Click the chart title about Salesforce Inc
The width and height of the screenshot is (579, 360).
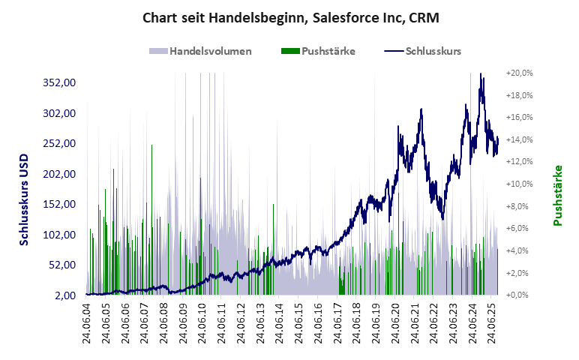[289, 17]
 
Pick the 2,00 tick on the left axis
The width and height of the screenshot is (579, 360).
[65, 295]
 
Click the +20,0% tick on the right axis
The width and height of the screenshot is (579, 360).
[519, 73]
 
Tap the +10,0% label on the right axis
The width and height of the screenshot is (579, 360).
[519, 184]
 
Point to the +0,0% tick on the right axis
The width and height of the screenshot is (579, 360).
[519, 295]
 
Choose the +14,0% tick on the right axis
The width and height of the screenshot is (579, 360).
[519, 139]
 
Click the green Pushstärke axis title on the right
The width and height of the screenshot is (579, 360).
[557, 196]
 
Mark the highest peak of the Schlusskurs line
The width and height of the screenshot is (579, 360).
[480, 74]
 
